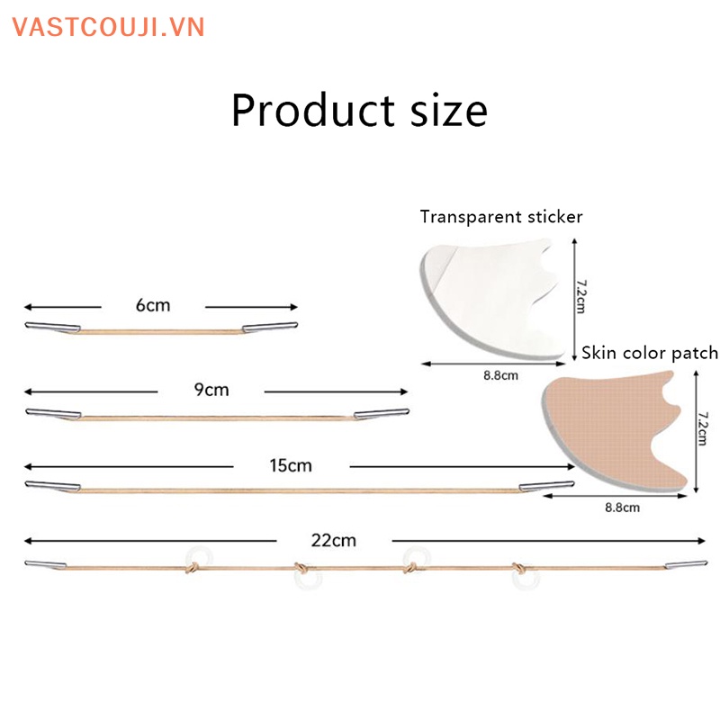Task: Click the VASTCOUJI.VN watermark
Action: pos(109,26)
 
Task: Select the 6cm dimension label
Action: pos(153,305)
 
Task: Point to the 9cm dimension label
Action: pos(211,390)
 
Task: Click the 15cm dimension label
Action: pos(291,465)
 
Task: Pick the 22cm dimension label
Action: pos(334,540)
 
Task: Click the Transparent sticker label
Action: pos(501,217)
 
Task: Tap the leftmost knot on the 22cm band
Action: pos(192,567)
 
